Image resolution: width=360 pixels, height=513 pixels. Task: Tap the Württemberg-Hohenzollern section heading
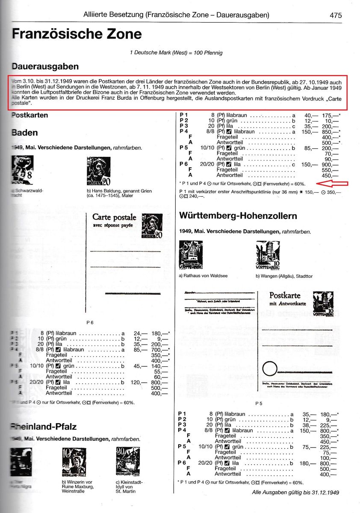click(x=238, y=216)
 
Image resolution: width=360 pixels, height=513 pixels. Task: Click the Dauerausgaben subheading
click(x=45, y=67)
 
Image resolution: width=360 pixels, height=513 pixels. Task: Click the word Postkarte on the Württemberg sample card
click(x=285, y=295)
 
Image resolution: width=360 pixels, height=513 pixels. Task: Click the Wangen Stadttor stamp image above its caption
click(x=268, y=255)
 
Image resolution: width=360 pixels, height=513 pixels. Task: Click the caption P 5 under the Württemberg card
click(x=259, y=403)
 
